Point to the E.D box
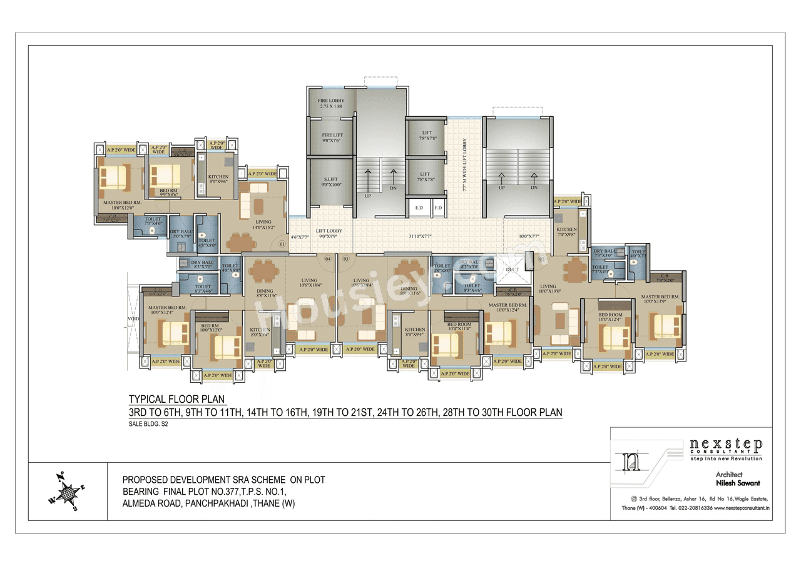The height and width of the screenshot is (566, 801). point(419,207)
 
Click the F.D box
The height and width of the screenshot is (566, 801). point(438,207)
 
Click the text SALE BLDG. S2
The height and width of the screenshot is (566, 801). point(149,424)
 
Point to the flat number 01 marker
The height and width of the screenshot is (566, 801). point(282,243)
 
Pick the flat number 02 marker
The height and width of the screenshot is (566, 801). point(542,258)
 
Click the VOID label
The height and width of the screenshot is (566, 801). point(133,318)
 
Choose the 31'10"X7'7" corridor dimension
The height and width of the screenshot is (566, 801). point(419,236)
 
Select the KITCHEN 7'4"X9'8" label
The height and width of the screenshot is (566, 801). point(566,233)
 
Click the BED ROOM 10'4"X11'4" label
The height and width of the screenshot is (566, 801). point(459,326)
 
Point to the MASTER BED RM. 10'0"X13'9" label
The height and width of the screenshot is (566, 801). point(661,299)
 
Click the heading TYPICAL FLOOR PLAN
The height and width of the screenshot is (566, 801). point(176,399)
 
